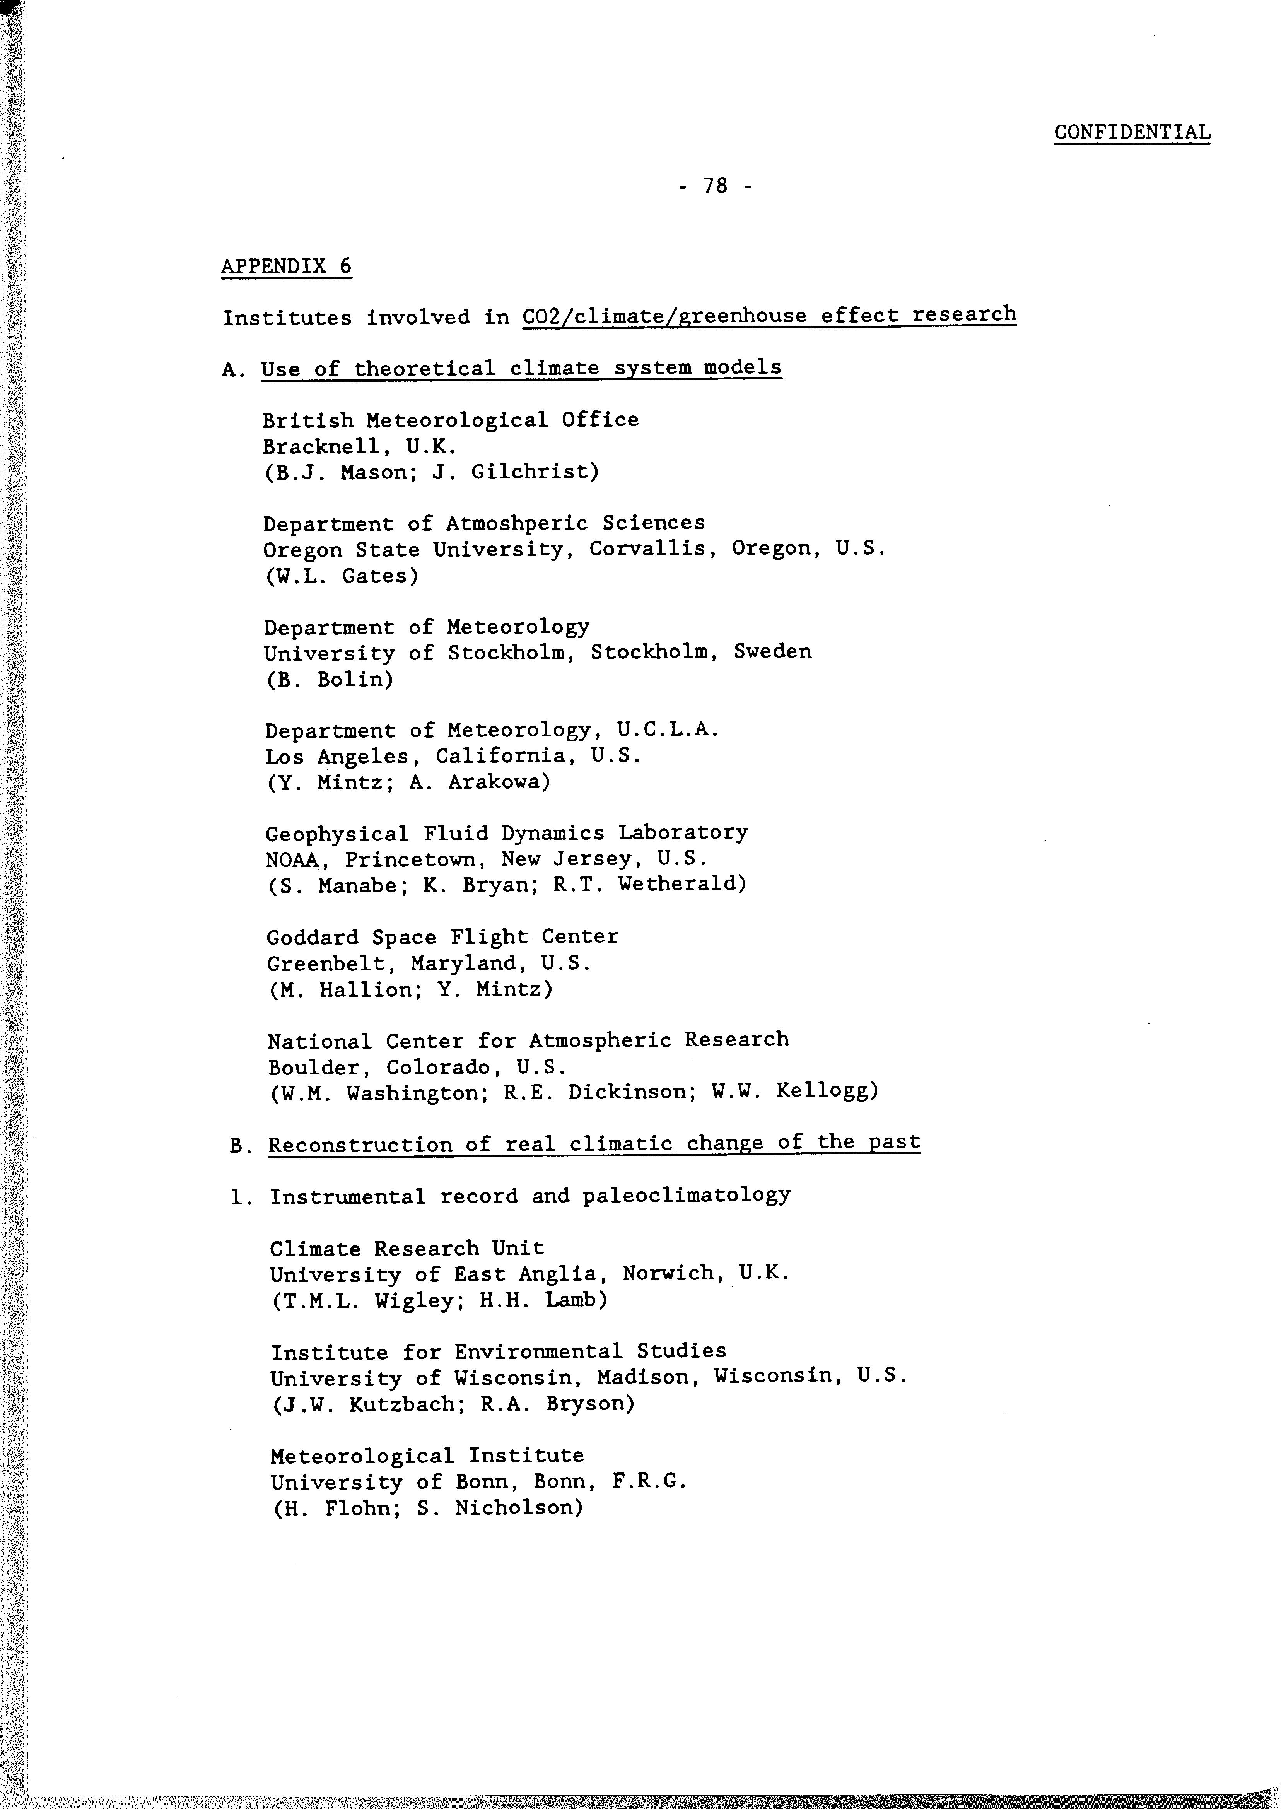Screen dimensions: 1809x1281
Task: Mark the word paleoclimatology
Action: pos(686,1196)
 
